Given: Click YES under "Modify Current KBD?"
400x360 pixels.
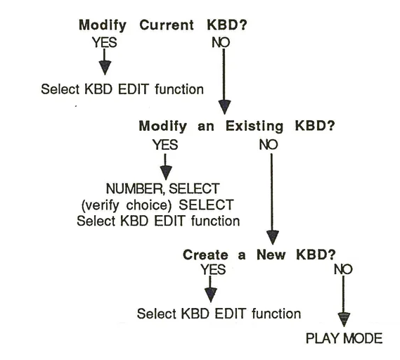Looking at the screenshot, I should point(104,41).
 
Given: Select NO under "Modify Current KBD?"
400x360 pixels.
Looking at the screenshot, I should point(220,41).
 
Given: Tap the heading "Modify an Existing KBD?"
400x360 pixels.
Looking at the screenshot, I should point(236,127).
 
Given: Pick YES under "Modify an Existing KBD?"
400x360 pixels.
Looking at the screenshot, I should point(164,145).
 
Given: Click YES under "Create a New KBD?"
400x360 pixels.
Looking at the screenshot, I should point(213,269).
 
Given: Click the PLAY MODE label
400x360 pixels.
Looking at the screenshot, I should point(344,338).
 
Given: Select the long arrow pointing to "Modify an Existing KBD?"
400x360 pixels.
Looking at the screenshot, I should point(224,81).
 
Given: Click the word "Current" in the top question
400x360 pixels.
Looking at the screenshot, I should point(166,25).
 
